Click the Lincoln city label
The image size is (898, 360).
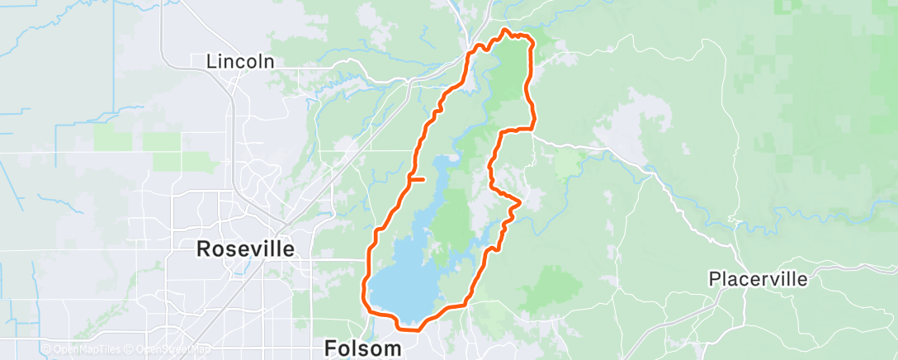(239, 61)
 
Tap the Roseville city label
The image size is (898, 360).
(244, 249)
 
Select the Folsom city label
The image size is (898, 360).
(363, 348)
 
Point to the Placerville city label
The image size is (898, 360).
(759, 279)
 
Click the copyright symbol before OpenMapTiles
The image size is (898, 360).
(45, 349)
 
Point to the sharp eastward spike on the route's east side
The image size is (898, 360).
(519, 201)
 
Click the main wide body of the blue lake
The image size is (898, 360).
(404, 281)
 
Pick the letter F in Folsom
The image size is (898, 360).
(330, 348)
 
